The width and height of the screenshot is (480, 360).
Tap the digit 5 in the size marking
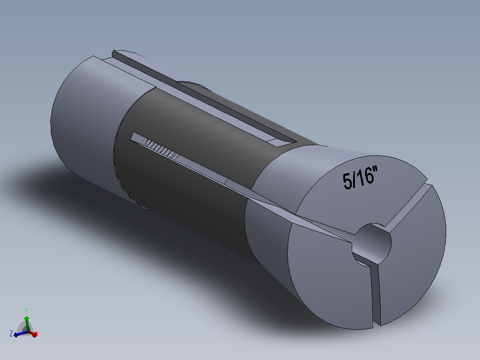(x=347, y=181)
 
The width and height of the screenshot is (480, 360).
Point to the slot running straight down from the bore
(x=376, y=294)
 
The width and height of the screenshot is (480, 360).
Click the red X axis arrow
(x=33, y=333)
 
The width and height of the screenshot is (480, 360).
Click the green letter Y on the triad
(x=27, y=310)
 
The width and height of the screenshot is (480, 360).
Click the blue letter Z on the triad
(x=11, y=333)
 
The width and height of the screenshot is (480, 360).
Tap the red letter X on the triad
(x=37, y=333)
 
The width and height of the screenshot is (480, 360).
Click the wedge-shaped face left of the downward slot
(x=329, y=285)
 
